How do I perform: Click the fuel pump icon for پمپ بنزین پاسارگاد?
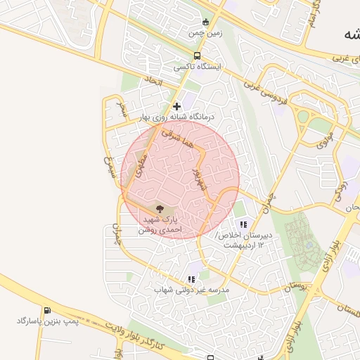coord(47,310)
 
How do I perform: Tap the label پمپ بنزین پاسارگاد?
coord(47,321)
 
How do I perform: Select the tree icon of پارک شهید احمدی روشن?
coord(160,209)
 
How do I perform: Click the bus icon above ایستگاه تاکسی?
coord(197,56)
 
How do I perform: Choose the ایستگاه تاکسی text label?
coord(198,67)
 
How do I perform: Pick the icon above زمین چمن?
coord(205,22)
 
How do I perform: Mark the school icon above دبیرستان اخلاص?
coord(243,224)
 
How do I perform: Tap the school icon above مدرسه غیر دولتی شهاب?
coord(191,279)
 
